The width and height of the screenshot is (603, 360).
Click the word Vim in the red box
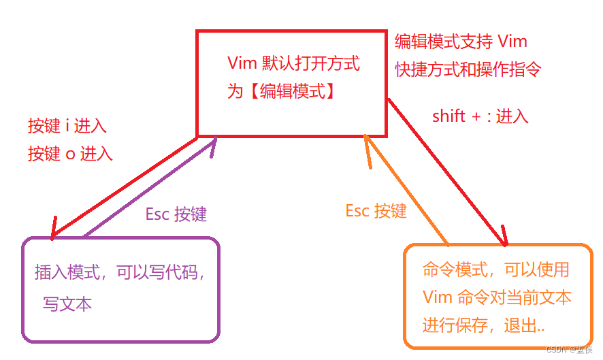point(242,65)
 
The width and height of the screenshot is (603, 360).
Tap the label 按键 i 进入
point(67,126)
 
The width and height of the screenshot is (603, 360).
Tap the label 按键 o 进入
point(69,154)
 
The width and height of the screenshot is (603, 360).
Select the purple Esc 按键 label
point(176,214)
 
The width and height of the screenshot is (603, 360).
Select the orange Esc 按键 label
point(376,211)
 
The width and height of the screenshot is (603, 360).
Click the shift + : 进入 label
point(480,116)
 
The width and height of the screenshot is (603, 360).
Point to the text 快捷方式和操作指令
point(468,69)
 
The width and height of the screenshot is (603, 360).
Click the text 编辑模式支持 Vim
point(461,42)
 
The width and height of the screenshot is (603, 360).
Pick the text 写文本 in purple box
point(67,304)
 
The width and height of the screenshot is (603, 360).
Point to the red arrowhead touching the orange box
point(504,240)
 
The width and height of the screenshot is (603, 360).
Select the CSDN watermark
point(569,350)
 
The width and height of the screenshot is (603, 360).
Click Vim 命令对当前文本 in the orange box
point(496,297)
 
